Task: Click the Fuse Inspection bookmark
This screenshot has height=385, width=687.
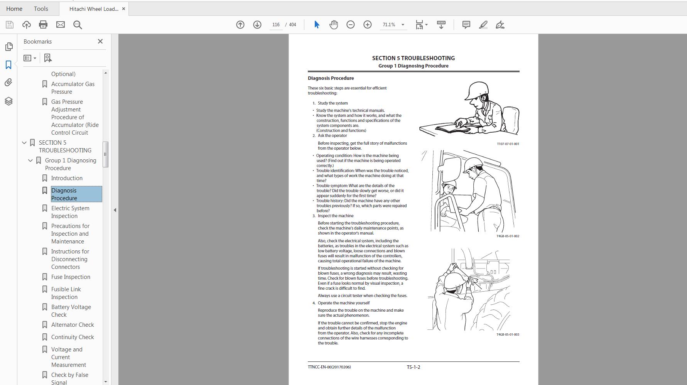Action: [x=71, y=277]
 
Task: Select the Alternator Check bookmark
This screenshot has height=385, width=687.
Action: [x=73, y=325]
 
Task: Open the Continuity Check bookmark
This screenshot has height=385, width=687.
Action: [x=73, y=337]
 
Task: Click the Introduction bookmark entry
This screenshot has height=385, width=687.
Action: [x=67, y=178]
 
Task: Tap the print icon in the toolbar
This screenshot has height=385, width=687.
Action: [x=43, y=25]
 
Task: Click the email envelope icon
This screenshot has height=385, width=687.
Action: [x=61, y=25]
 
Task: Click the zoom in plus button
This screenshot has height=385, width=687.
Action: [x=368, y=25]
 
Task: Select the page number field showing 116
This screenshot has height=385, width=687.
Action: [x=276, y=25]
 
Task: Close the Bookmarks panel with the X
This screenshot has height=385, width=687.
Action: [x=100, y=41]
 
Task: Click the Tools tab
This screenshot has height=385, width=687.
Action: [x=41, y=8]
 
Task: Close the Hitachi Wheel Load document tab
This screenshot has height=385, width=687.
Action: [x=123, y=8]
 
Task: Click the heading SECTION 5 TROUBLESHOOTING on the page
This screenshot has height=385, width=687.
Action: [x=413, y=58]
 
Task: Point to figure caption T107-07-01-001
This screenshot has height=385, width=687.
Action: [x=508, y=144]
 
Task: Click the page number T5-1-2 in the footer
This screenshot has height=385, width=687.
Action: [x=413, y=367]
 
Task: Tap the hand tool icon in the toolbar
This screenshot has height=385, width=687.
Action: [x=334, y=25]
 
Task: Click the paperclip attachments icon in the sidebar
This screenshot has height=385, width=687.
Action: [x=8, y=83]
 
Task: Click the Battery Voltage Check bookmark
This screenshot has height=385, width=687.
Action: [x=71, y=311]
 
